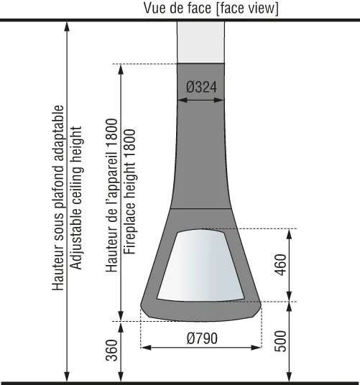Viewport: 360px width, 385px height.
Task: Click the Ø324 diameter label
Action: [201, 87]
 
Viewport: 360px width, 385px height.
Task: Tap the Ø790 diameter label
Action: [202, 338]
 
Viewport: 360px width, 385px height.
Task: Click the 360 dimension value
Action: [111, 351]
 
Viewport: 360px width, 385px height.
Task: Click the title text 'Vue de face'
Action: [177, 8]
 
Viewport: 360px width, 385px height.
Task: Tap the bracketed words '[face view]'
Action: [247, 9]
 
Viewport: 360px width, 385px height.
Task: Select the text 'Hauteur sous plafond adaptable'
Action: [58, 198]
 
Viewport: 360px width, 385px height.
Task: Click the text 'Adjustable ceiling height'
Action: [76, 198]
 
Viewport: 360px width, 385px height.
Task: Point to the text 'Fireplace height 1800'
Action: [129, 192]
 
